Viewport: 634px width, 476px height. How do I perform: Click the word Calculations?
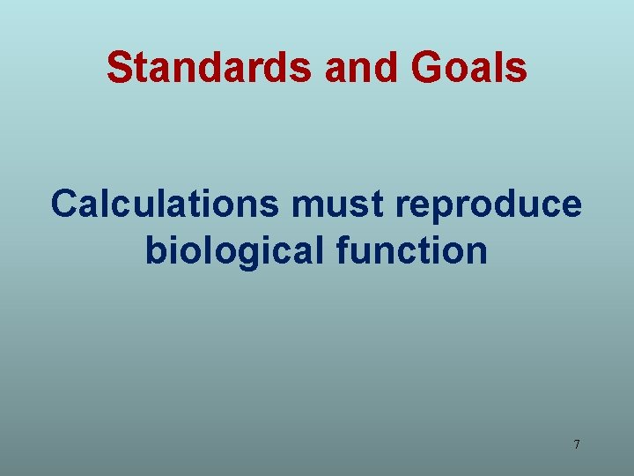166,204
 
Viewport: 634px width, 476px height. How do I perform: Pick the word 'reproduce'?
490,205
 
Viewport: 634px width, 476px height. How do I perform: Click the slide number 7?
577,444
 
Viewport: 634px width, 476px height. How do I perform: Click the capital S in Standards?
118,67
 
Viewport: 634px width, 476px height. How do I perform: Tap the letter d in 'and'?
378,67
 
